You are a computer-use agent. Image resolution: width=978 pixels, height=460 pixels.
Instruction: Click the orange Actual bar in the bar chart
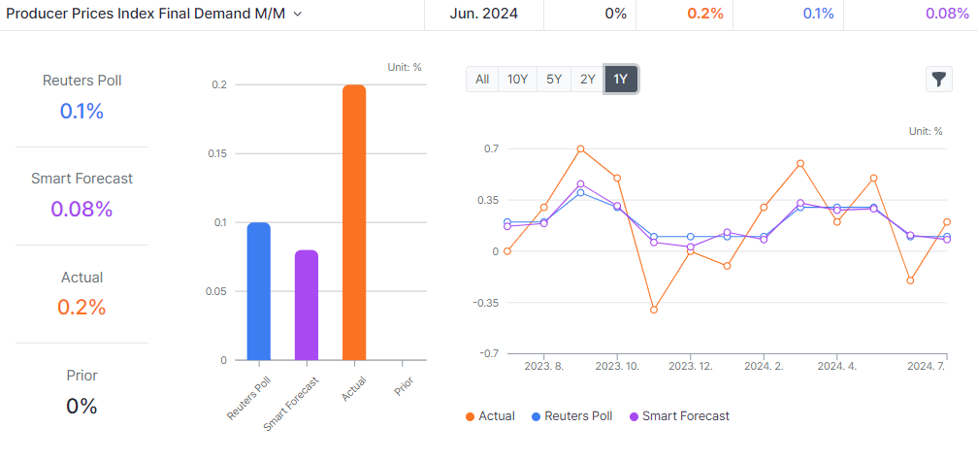[x=354, y=222]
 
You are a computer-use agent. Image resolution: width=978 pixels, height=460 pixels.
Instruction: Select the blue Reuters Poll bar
[x=259, y=291]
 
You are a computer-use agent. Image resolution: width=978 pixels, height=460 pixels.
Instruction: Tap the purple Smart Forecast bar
[x=307, y=305]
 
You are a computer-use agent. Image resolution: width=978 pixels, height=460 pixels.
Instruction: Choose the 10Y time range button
[x=517, y=80]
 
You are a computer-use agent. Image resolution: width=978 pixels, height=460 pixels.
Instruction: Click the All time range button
[x=482, y=80]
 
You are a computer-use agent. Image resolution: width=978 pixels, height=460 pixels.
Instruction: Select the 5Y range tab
[x=554, y=80]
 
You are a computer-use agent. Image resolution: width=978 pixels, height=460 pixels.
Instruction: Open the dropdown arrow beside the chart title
[x=297, y=15]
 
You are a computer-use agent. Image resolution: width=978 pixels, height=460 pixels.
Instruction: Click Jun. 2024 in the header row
[x=484, y=15]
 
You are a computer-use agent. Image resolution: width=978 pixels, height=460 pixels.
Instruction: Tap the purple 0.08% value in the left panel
[x=81, y=209]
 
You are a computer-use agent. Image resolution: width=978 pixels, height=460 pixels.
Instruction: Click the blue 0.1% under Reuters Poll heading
[x=81, y=111]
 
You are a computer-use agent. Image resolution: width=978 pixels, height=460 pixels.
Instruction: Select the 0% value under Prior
[x=81, y=406]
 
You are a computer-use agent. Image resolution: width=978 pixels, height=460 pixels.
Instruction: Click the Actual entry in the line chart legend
[x=490, y=416]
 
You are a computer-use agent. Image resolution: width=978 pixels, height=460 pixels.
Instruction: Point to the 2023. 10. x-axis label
[x=617, y=366]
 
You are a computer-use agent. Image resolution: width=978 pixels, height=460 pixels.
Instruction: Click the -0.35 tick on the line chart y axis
[x=485, y=303]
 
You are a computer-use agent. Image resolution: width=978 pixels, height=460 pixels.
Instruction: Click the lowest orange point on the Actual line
[x=654, y=310]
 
